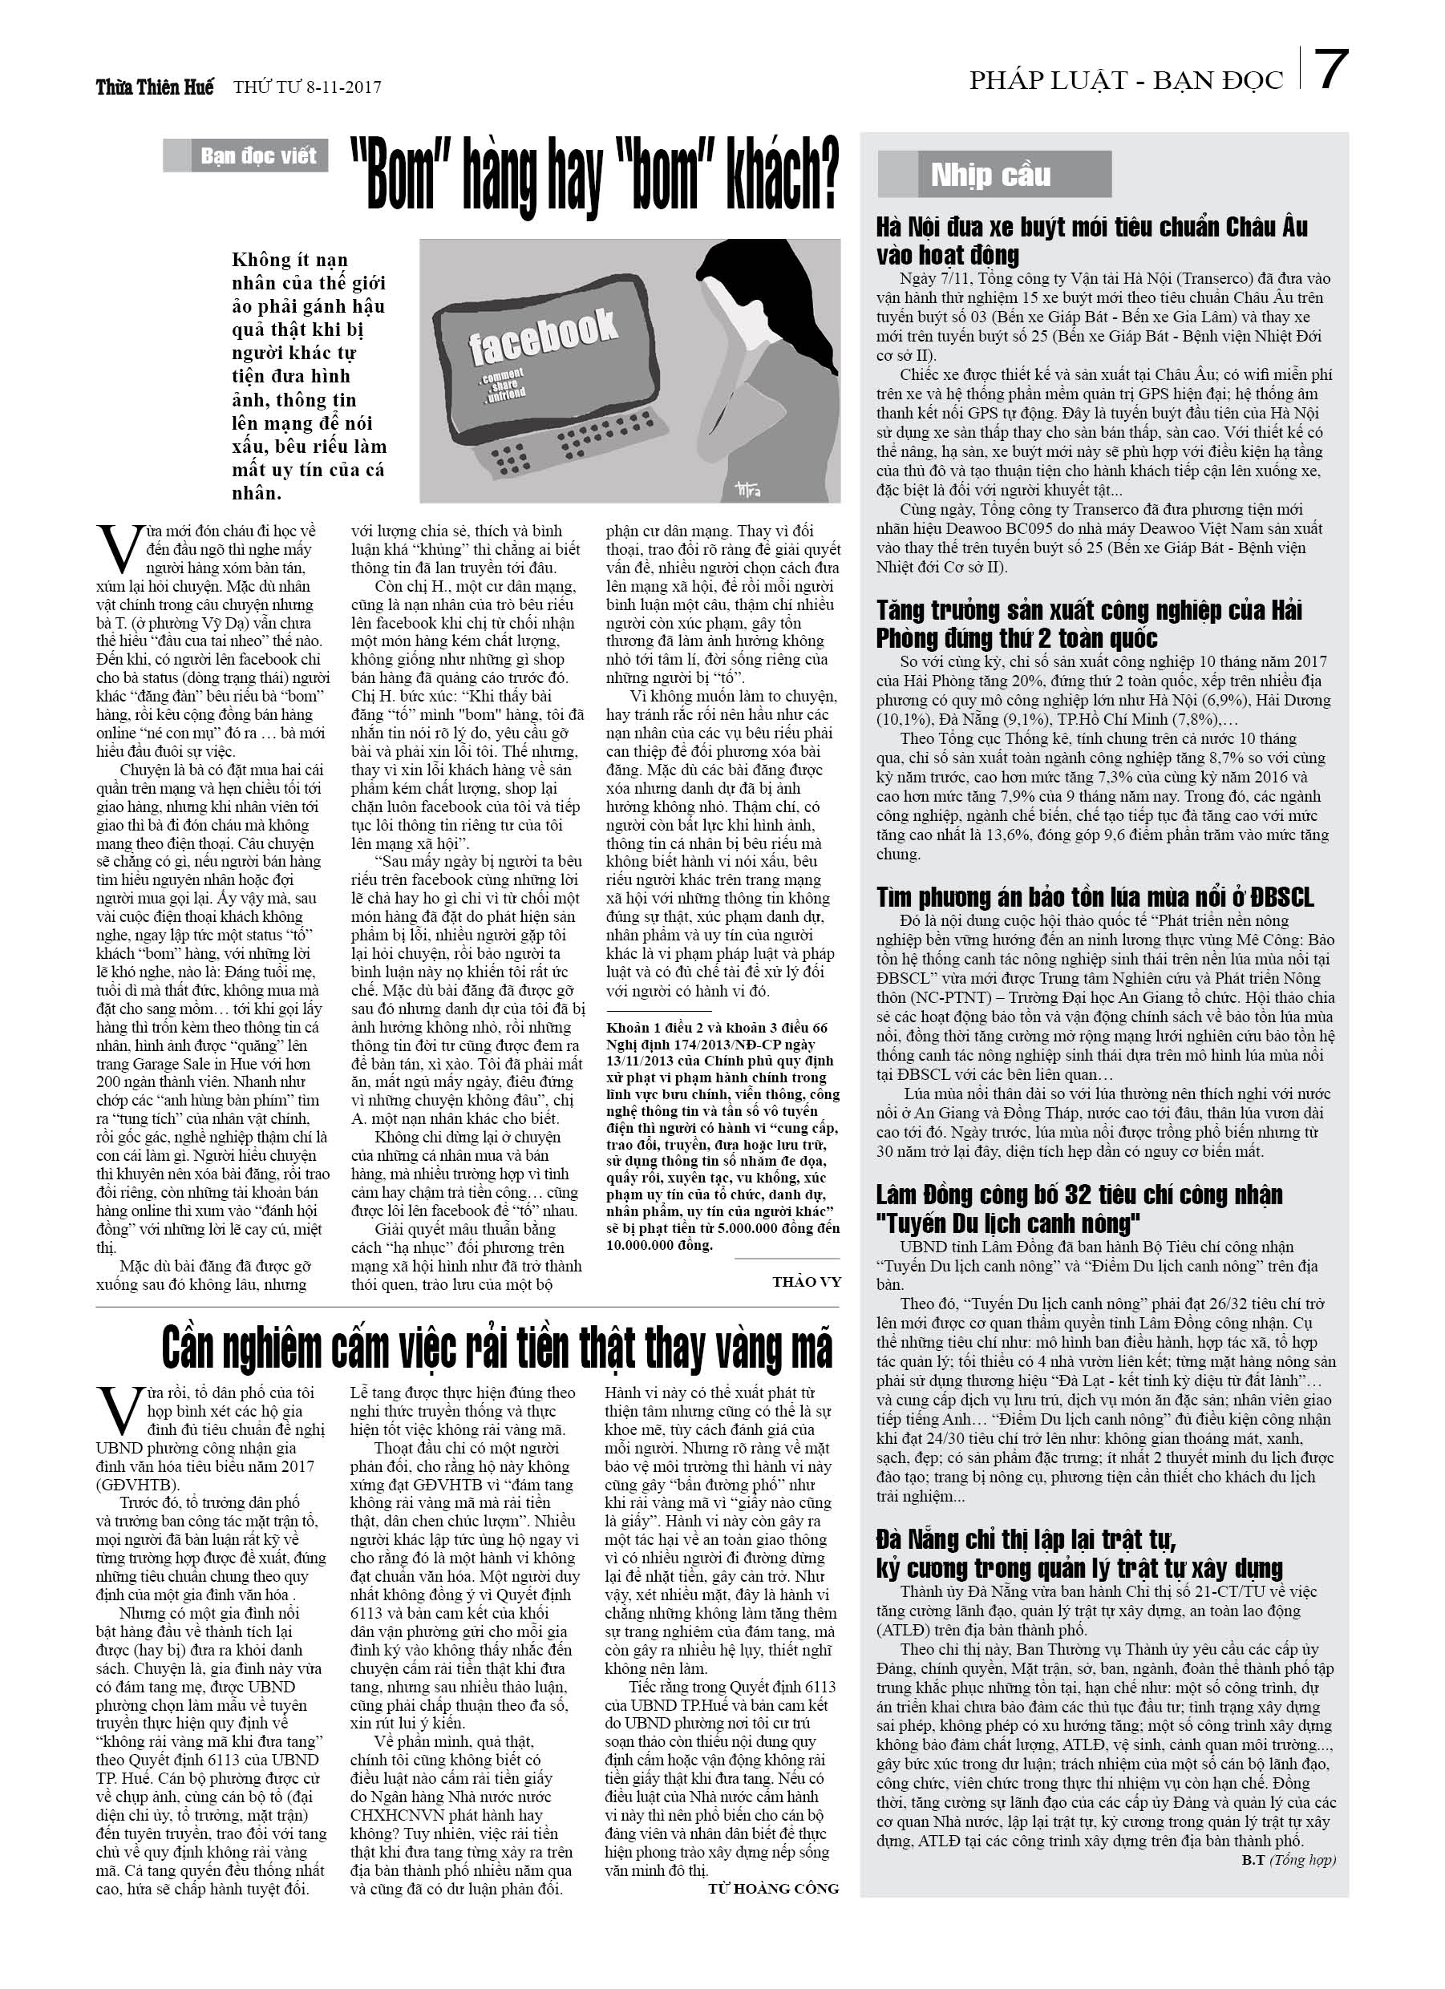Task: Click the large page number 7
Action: [x=1332, y=71]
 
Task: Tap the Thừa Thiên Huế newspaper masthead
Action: [x=155, y=87]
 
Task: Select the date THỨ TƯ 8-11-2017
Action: [x=307, y=87]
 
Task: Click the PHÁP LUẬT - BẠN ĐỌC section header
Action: [x=1126, y=81]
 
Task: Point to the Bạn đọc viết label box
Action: [x=245, y=156]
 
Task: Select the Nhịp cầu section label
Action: [x=992, y=176]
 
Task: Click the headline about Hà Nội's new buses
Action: [x=1091, y=241]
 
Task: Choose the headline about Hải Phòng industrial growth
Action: [x=1089, y=624]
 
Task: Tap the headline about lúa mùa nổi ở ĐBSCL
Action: [x=1095, y=897]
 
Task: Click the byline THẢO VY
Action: [x=805, y=1282]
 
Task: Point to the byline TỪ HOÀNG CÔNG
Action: [x=772, y=1888]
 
